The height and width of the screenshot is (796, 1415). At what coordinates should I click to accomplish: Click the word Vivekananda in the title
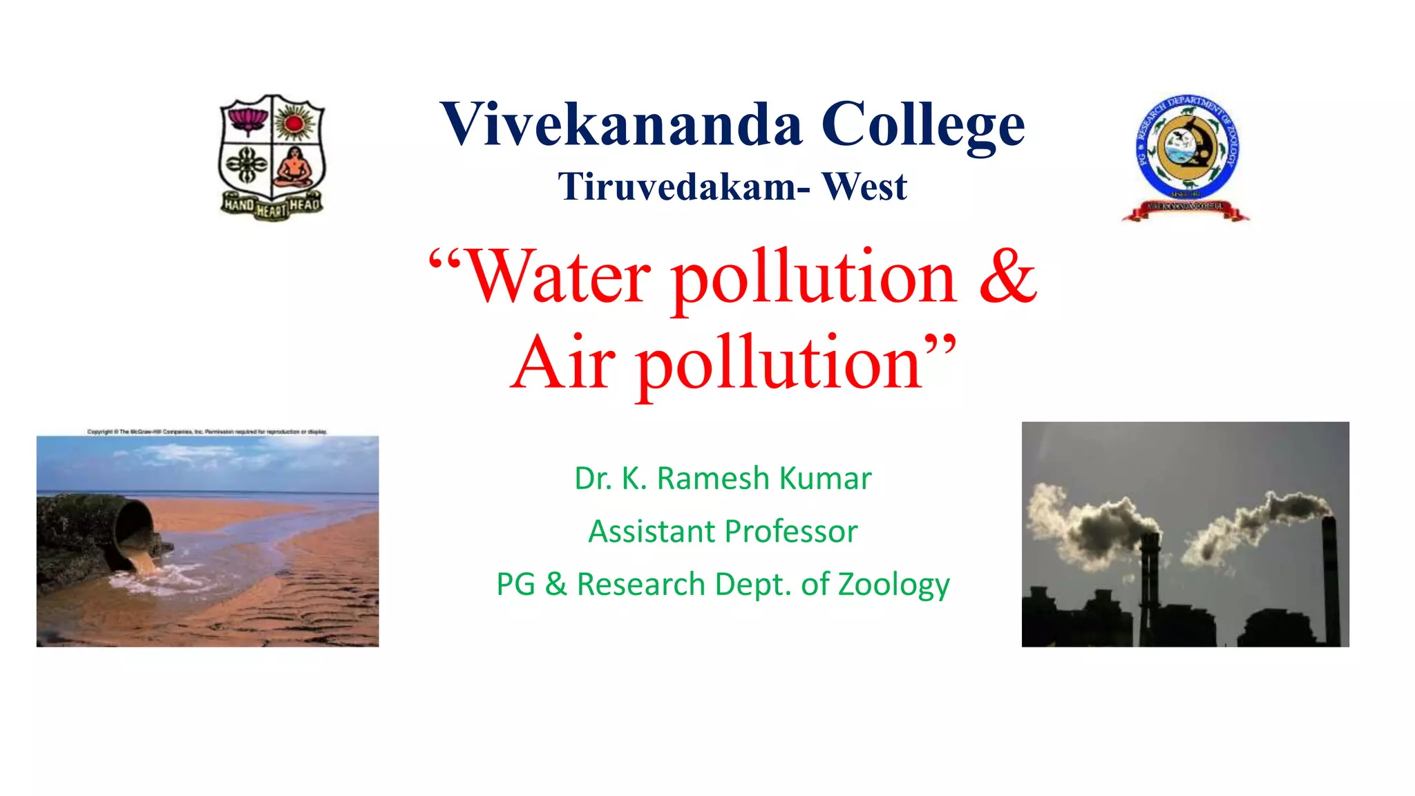click(x=621, y=124)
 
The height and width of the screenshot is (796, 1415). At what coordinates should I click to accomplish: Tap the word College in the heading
click(x=923, y=126)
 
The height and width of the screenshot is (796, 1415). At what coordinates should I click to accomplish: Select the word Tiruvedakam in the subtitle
click(x=676, y=187)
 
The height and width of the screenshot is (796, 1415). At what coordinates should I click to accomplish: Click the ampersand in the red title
click(x=1007, y=276)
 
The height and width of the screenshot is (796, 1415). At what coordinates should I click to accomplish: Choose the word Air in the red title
click(x=563, y=363)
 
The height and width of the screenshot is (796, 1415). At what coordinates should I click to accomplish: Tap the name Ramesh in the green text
click(x=714, y=478)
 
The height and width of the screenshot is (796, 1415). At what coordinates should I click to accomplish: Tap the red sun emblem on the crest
click(x=295, y=123)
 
